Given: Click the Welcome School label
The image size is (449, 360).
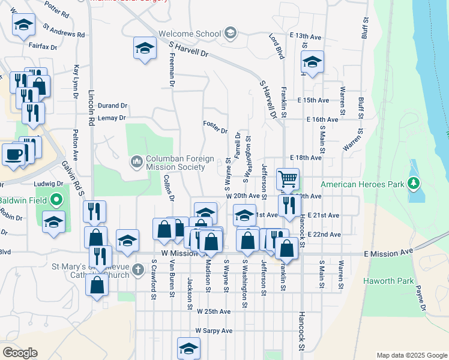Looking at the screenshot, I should click(x=190, y=34).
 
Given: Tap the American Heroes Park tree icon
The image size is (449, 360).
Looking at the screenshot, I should click(x=413, y=182).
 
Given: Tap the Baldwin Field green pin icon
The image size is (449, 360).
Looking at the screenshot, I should click(x=55, y=199).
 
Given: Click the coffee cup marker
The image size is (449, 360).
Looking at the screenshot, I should click(x=14, y=154).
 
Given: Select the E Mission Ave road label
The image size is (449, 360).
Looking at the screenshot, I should click(x=389, y=254).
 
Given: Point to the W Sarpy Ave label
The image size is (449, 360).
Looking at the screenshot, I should click(x=214, y=331).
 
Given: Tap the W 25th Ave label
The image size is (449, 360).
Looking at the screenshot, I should click(x=214, y=312).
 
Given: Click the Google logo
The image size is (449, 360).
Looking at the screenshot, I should click(x=20, y=352).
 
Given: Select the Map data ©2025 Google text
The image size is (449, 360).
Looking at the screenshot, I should click(x=411, y=355).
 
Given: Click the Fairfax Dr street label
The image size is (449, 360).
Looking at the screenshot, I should click(x=43, y=46).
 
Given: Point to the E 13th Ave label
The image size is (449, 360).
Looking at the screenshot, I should click(x=305, y=37).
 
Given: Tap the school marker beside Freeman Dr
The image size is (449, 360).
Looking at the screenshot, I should click(x=145, y=49).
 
